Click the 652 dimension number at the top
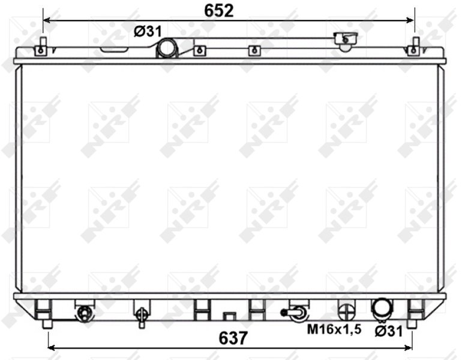tap(218, 11)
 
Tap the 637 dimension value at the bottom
tap(233, 338)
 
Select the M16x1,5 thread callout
tap(334, 329)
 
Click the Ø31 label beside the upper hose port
tap(148, 31)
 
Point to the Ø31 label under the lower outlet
tap(389, 332)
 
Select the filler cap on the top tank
tap(346, 40)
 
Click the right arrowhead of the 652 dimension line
tap(410, 20)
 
